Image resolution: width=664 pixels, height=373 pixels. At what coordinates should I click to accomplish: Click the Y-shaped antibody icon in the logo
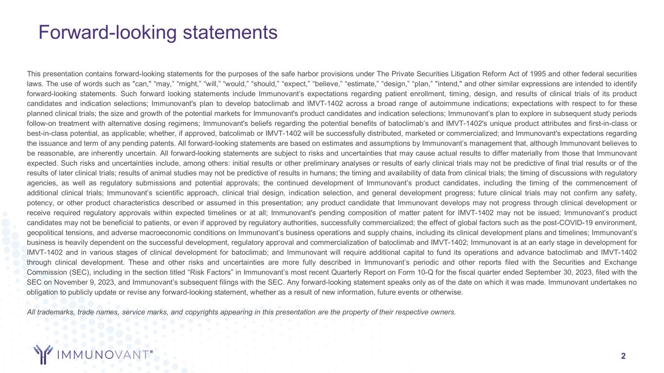click(43, 355)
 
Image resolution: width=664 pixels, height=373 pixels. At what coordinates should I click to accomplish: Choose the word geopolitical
click(47, 232)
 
